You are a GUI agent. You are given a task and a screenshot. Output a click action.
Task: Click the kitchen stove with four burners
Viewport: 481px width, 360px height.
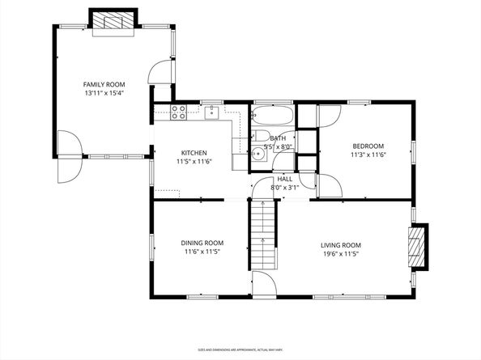tap(179, 112)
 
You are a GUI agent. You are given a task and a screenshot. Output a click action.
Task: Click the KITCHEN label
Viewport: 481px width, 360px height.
tap(194, 153)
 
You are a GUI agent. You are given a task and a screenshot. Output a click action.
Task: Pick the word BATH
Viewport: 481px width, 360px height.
tap(278, 138)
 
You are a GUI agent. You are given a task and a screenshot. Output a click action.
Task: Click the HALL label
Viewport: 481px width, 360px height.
tap(285, 179)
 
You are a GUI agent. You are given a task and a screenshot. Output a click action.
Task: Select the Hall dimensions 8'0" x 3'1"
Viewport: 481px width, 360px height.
tap(285, 187)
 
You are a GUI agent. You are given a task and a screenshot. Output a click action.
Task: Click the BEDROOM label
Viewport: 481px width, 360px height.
tap(368, 146)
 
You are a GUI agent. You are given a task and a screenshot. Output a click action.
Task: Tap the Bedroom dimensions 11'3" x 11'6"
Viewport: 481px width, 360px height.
tap(368, 155)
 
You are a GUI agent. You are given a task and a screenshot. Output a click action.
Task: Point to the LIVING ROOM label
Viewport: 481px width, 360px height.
tap(341, 245)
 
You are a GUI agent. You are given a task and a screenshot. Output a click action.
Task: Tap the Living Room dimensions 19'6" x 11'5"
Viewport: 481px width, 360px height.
tap(341, 254)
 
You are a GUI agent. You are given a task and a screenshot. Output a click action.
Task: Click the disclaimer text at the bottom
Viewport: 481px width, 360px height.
tap(240, 349)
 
